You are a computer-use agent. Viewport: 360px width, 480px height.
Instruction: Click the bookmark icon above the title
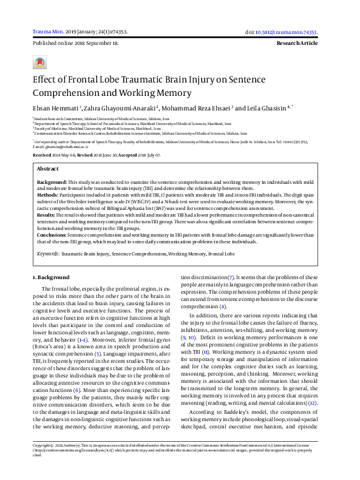(x=40, y=62)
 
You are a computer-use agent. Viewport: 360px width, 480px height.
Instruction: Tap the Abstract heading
(x=48, y=168)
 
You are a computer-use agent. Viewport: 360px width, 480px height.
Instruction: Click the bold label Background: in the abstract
(x=52, y=182)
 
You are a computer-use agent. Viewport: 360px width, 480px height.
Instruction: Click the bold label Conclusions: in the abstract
(x=52, y=234)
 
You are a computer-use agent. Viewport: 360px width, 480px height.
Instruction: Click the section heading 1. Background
(x=51, y=277)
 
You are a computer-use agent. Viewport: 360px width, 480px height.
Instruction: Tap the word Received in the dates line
(x=42, y=155)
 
